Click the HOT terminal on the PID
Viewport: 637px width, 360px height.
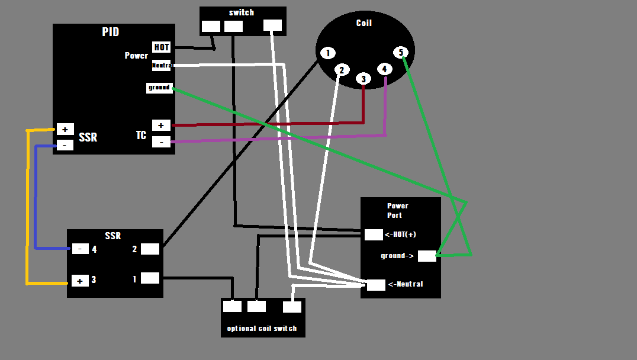point(162,47)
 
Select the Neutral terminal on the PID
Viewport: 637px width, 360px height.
point(162,65)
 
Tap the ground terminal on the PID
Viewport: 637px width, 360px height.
point(159,88)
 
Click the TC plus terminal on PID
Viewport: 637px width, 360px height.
point(161,126)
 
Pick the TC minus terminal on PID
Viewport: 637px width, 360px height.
point(161,142)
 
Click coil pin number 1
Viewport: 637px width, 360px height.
point(327,53)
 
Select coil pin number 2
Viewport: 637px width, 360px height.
point(341,70)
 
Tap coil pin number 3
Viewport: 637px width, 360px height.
point(363,79)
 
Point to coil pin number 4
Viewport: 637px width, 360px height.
point(385,69)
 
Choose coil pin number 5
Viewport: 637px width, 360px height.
point(401,53)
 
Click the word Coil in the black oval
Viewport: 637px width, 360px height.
point(364,23)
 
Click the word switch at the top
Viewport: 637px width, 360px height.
point(241,12)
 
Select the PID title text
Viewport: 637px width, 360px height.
point(110,32)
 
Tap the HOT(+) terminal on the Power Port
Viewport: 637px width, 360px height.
point(374,234)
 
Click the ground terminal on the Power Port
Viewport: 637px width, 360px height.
point(427,256)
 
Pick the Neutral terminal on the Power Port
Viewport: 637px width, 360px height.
point(376,285)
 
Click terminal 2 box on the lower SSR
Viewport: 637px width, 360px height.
point(150,249)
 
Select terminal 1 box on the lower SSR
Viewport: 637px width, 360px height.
point(150,278)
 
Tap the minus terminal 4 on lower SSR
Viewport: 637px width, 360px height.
point(81,249)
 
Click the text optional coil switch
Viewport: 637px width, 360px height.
point(262,329)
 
